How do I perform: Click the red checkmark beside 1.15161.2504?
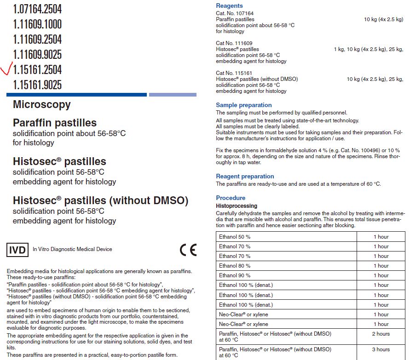pyautogui.click(x=6, y=70)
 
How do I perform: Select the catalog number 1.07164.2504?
pyautogui.click(x=37, y=9)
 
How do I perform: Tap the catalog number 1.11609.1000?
pyautogui.click(x=37, y=24)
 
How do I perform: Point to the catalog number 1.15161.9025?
pyautogui.click(x=37, y=85)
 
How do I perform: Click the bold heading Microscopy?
pyautogui.click(x=42, y=104)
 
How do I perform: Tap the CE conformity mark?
pyautogui.click(x=188, y=250)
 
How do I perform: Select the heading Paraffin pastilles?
pyautogui.click(x=55, y=123)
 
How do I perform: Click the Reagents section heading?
pyautogui.click(x=229, y=6)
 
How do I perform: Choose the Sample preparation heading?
pyautogui.click(x=244, y=105)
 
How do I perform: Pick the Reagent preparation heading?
pyautogui.click(x=245, y=177)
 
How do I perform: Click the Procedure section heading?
pyautogui.click(x=231, y=198)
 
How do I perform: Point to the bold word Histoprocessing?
pyautogui.click(x=237, y=206)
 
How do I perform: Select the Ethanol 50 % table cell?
pyautogui.click(x=235, y=237)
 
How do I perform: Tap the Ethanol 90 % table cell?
pyautogui.click(x=235, y=275)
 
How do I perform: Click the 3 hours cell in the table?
pyautogui.click(x=381, y=350)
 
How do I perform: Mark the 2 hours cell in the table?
pyautogui.click(x=381, y=334)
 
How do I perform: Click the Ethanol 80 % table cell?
pyautogui.click(x=235, y=266)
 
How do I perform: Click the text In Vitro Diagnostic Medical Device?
pyautogui.click(x=72, y=250)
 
